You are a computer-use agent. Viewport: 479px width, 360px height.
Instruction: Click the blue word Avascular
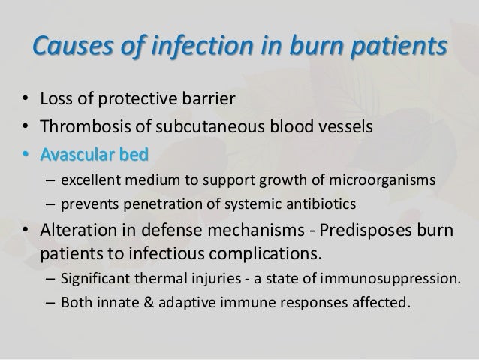[79, 153]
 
